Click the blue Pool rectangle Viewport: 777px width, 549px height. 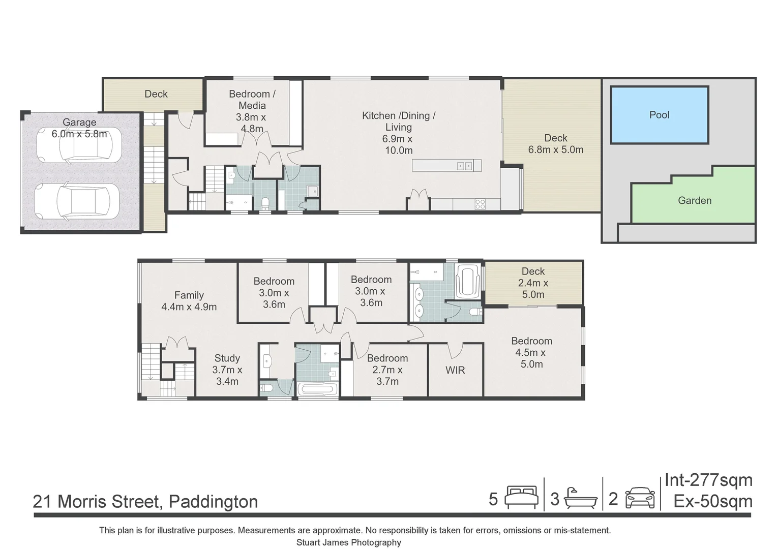point(659,115)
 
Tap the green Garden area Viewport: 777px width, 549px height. point(694,200)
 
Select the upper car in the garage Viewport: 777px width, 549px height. point(91,144)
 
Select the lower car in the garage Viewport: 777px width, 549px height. point(77,201)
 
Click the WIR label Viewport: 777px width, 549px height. point(455,370)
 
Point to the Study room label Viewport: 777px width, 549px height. point(227,358)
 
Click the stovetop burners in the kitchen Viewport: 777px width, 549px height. point(480,204)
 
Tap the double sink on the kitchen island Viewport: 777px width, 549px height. point(464,166)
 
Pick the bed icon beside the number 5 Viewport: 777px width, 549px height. point(521,498)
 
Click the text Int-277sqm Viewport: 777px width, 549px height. point(708,480)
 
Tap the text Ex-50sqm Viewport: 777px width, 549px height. point(713,501)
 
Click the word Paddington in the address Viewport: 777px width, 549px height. point(213,502)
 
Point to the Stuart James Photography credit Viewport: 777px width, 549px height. point(348,542)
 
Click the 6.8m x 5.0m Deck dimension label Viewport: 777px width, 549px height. point(556,150)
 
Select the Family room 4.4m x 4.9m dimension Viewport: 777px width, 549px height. point(189,307)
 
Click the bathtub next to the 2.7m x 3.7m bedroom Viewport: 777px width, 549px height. point(318,389)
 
